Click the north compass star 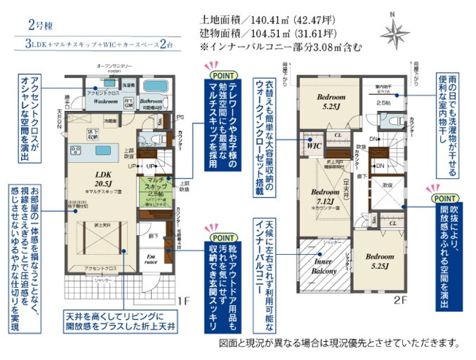point(395,31)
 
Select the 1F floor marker point(184,301)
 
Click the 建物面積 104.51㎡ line point(267,34)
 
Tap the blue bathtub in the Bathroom point(156,85)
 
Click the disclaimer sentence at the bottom point(339,342)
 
